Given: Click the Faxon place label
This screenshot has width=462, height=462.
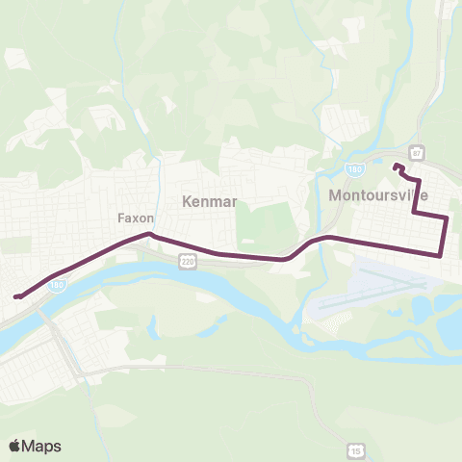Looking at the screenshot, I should click(x=136, y=218).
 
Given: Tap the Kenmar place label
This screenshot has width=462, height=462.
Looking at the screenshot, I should click(x=209, y=201).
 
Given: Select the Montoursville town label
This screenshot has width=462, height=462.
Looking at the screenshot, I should click(x=377, y=194).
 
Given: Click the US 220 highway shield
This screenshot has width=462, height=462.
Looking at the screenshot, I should click(x=188, y=261).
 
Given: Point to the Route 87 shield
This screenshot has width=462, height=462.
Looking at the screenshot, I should click(x=417, y=153).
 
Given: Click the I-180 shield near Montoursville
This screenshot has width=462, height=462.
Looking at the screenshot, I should click(x=354, y=169).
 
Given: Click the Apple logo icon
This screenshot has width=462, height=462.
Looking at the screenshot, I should click(x=14, y=446).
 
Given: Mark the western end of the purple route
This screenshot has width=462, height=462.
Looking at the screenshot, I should click(x=16, y=296).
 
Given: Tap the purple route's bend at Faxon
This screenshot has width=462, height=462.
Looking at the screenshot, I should click(x=149, y=233).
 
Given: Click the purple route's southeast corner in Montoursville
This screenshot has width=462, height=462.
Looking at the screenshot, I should click(x=441, y=255).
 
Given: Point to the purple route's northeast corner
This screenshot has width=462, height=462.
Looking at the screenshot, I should click(x=448, y=218).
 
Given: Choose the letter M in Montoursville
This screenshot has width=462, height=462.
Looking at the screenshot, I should click(x=333, y=194).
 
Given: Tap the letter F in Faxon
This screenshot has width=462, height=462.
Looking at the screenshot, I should click(x=121, y=218).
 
